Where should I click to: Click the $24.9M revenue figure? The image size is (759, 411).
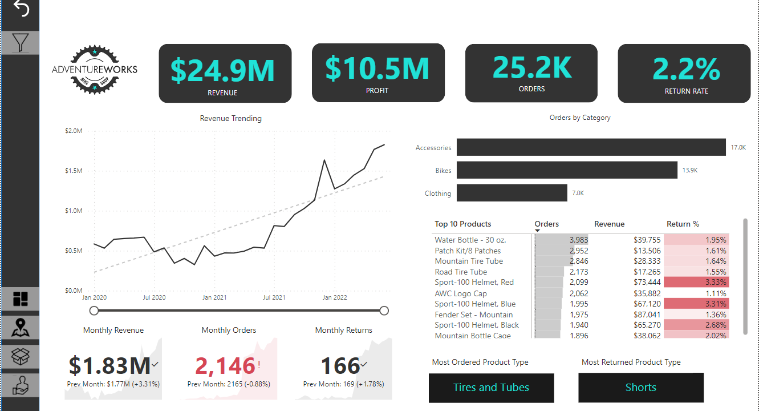(222, 70)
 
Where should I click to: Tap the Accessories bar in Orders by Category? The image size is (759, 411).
(591, 147)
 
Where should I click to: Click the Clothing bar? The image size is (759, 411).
(512, 193)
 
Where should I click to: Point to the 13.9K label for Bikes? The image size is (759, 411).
(690, 170)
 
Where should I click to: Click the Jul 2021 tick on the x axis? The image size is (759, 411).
(274, 297)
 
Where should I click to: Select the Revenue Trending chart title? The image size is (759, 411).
(231, 119)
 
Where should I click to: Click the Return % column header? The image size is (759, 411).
(683, 224)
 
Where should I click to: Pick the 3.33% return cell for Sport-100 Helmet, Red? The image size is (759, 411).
(696, 282)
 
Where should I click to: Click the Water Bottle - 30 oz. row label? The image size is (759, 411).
(470, 240)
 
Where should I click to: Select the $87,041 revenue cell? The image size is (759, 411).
(647, 315)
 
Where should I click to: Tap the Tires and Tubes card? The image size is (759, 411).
(491, 388)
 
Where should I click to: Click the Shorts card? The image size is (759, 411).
(640, 388)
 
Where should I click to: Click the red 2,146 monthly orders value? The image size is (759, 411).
(225, 366)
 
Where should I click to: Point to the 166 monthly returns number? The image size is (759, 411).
(340, 366)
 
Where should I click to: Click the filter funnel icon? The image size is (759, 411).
(20, 43)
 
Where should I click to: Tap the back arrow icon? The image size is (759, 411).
(21, 9)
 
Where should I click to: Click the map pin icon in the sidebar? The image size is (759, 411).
(21, 327)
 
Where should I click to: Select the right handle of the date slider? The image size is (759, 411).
(384, 311)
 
